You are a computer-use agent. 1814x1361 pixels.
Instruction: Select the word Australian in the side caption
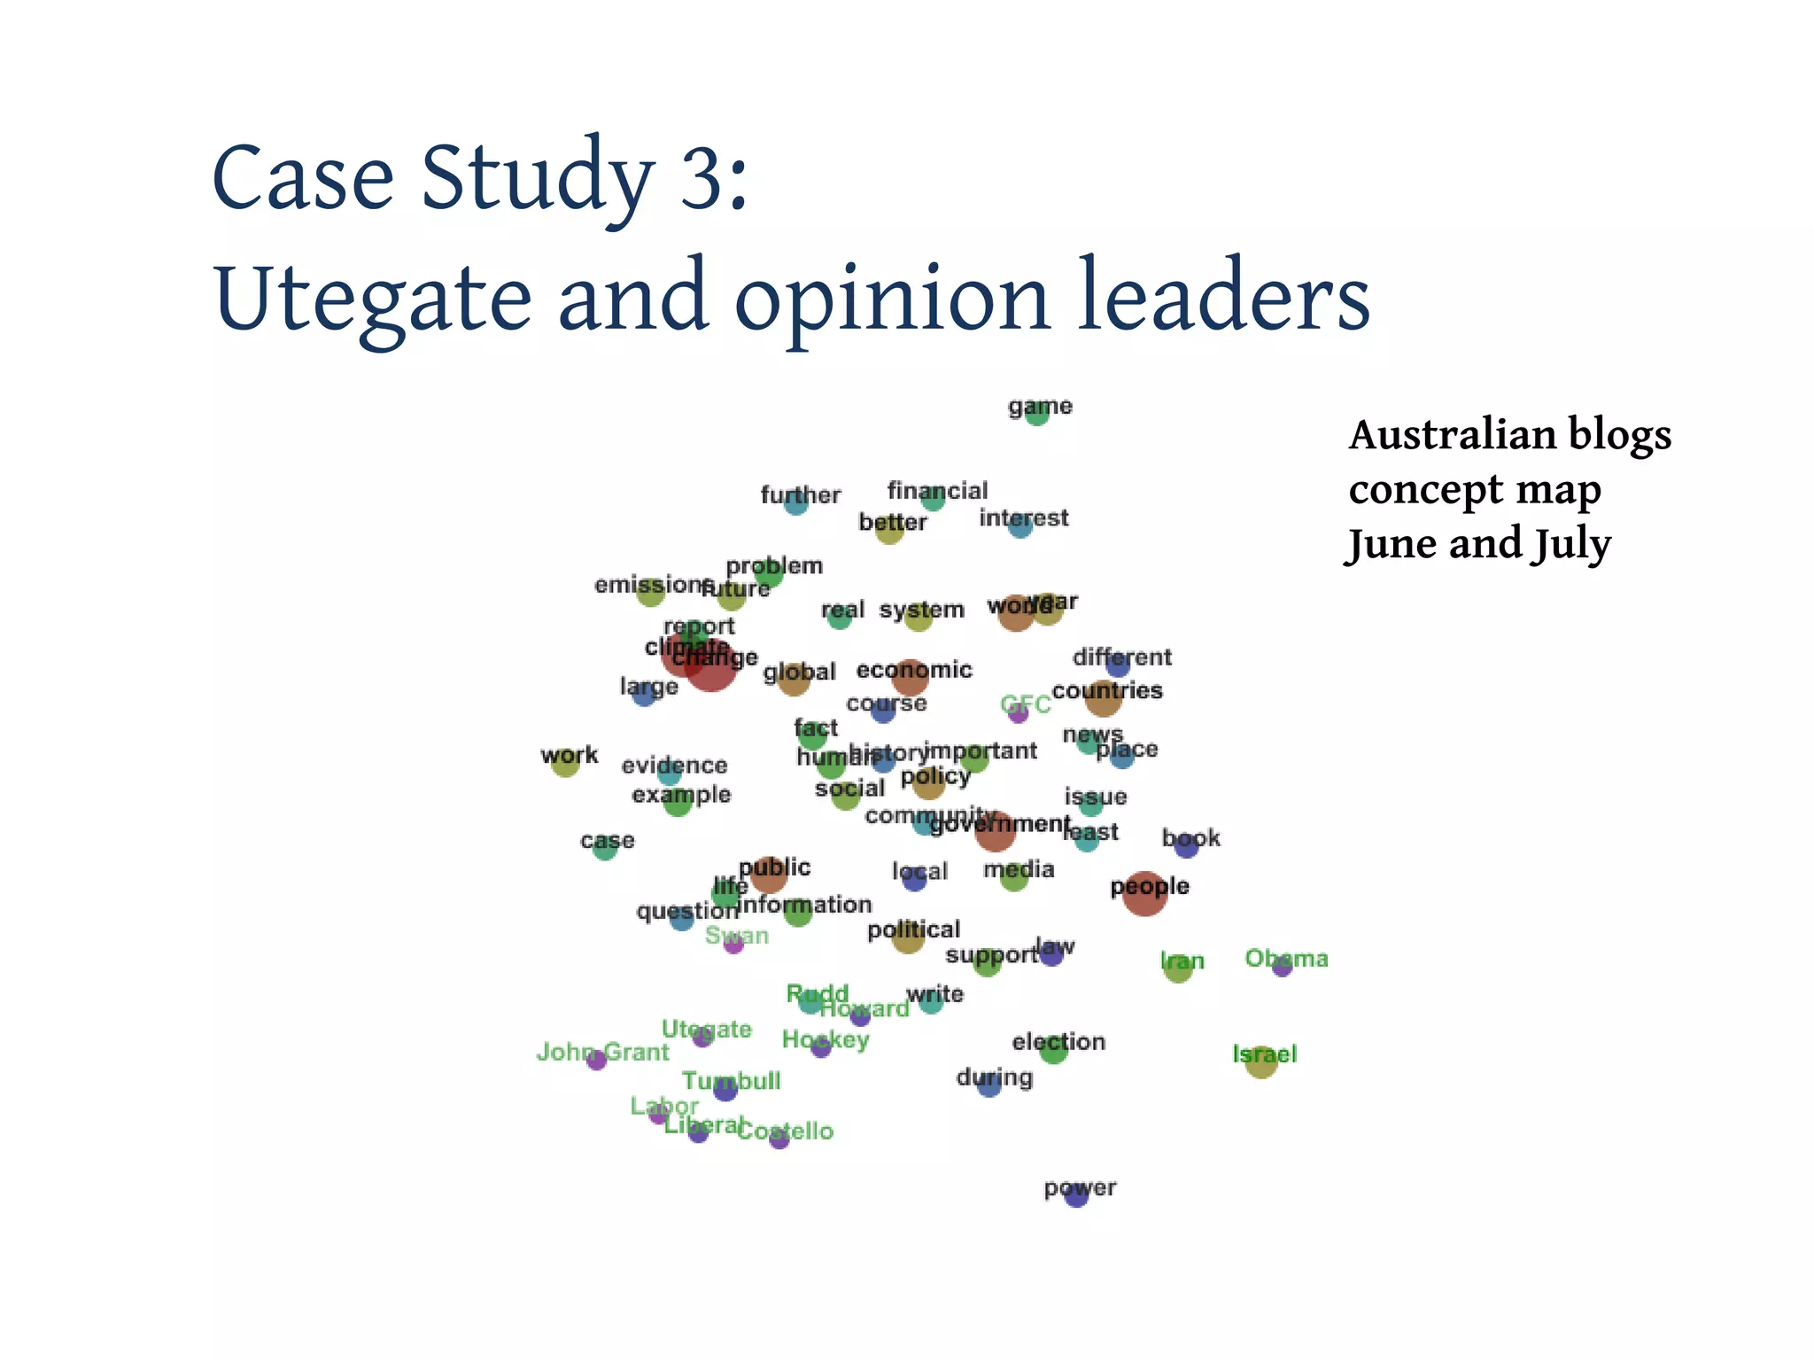pyautogui.click(x=1452, y=435)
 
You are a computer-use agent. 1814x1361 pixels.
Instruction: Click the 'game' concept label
pyautogui.click(x=1040, y=407)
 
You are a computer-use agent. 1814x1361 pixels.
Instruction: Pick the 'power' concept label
pyautogui.click(x=1080, y=1188)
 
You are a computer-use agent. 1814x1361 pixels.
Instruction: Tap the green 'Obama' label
pyautogui.click(x=1286, y=958)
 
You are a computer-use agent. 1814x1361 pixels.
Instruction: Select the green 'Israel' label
pyautogui.click(x=1264, y=1054)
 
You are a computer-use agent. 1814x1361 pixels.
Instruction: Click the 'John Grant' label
pyautogui.click(x=602, y=1052)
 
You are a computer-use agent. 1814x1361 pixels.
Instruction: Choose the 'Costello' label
pyautogui.click(x=786, y=1131)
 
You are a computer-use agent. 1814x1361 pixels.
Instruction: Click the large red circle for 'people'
pyautogui.click(x=1144, y=893)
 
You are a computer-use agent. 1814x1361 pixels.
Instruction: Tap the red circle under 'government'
pyautogui.click(x=994, y=831)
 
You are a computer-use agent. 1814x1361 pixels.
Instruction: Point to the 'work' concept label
pyautogui.click(x=569, y=756)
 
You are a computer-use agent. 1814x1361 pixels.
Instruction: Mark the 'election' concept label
pyautogui.click(x=1058, y=1042)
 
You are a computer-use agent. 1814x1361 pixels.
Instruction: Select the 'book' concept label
pyautogui.click(x=1190, y=838)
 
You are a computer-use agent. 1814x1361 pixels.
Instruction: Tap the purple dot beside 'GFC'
pyautogui.click(x=1019, y=712)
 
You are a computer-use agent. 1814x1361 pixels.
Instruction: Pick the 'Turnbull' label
pyautogui.click(x=731, y=1081)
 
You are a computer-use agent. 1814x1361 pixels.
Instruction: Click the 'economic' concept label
pyautogui.click(x=914, y=670)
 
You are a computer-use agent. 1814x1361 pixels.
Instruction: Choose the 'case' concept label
pyautogui.click(x=607, y=840)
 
